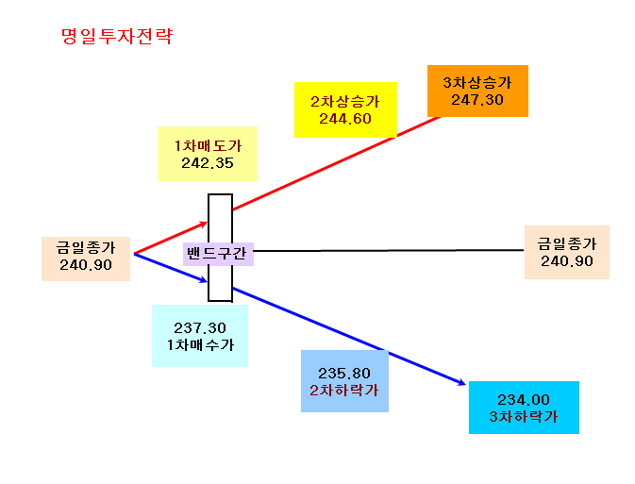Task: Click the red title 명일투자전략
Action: pos(117,36)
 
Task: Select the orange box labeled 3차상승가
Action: pos(477,92)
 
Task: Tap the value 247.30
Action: pos(477,100)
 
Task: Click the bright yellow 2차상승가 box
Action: pos(345,109)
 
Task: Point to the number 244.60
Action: pos(345,119)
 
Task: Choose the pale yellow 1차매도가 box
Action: pos(208,154)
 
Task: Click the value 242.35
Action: pos(208,163)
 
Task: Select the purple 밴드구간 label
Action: pos(218,254)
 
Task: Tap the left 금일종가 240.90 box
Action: pos(86,259)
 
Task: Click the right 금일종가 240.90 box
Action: pos(567,252)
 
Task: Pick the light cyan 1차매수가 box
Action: pos(200,336)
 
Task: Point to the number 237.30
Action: pos(200,327)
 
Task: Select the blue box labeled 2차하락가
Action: pos(344,381)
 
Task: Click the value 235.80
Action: pos(344,373)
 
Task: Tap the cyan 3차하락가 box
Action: pos(524,408)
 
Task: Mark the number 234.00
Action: pos(524,400)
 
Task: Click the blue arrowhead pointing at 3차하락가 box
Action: pos(461,382)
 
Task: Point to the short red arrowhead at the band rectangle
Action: pos(203,224)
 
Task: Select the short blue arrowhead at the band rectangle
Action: pos(203,280)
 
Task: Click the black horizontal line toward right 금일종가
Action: pos(389,251)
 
